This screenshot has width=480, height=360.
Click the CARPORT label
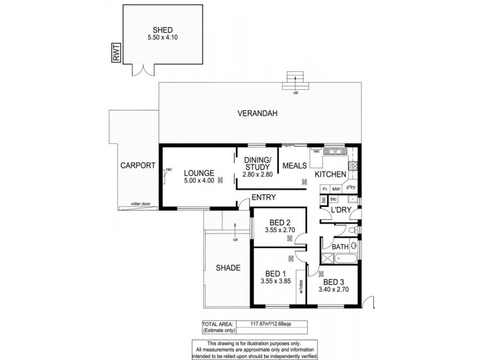[x=138, y=166]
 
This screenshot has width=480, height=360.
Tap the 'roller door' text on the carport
[x=139, y=205]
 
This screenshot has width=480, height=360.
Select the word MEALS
[x=295, y=165]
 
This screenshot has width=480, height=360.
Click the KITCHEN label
[x=331, y=175]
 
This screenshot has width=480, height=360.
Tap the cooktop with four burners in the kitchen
[x=354, y=165]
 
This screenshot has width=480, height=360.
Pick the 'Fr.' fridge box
[x=325, y=188]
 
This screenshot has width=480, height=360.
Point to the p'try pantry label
[x=351, y=187]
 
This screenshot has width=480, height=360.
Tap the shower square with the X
[x=328, y=259]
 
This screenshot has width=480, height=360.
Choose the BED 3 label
[x=333, y=282]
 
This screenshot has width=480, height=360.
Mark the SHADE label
[x=228, y=268]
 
